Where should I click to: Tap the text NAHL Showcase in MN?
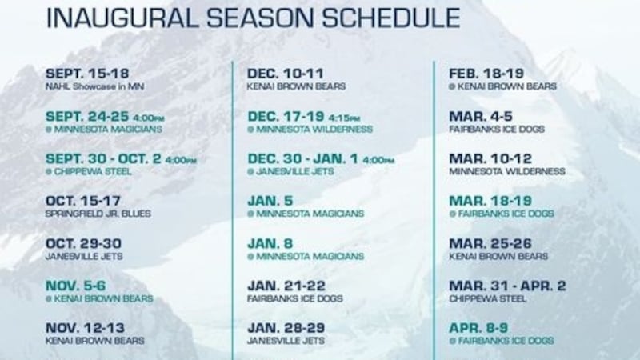(x=90, y=86)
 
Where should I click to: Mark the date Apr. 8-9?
(x=478, y=328)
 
